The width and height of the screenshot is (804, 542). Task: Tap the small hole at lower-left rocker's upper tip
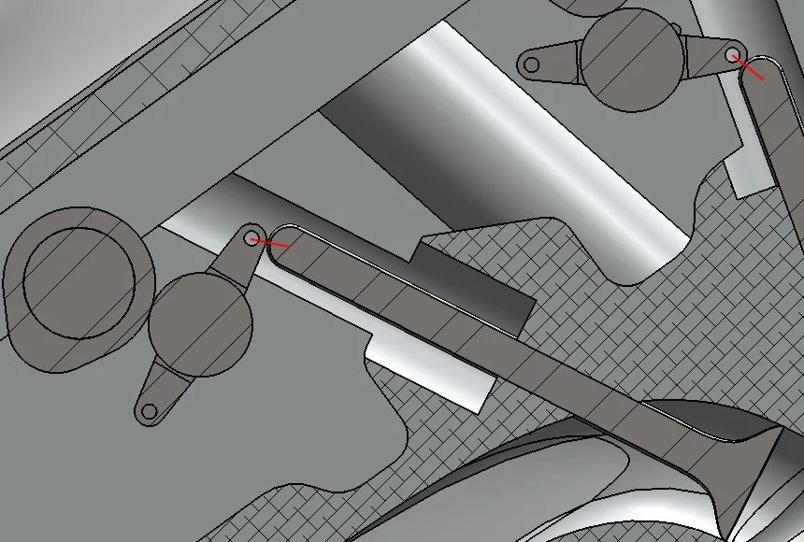point(251,238)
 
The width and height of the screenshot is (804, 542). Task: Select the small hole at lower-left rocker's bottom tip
point(149,410)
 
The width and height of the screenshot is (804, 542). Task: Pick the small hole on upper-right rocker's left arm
point(531,64)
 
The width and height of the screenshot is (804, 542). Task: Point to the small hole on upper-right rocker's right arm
point(732,55)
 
